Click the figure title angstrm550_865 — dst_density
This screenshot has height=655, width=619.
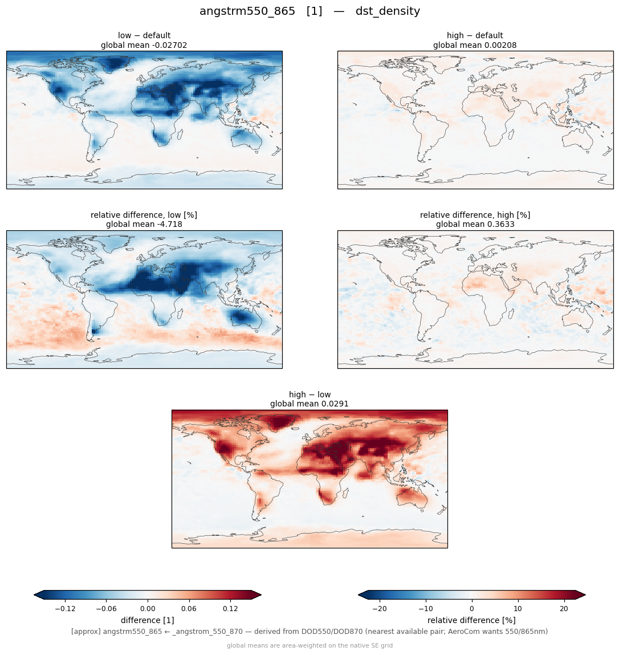pos(309,11)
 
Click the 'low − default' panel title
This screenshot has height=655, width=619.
pos(144,35)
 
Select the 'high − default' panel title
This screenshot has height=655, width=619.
pos(475,35)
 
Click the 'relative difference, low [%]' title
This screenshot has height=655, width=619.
pos(144,215)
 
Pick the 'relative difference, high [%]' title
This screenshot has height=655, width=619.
pos(475,215)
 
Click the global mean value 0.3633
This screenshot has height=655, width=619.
pos(500,225)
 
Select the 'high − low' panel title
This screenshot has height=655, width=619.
pos(309,394)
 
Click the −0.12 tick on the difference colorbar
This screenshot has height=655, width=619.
pos(65,609)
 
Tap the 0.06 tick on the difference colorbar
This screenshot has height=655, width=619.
pos(189,609)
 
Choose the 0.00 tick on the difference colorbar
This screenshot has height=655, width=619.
pos(148,609)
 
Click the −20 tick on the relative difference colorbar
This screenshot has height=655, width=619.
pos(379,609)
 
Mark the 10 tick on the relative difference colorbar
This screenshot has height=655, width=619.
pos(518,609)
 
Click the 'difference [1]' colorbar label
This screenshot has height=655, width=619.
pos(148,620)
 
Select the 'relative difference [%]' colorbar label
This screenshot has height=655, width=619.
pos(471,620)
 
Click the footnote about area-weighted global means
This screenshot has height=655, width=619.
pos(309,645)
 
